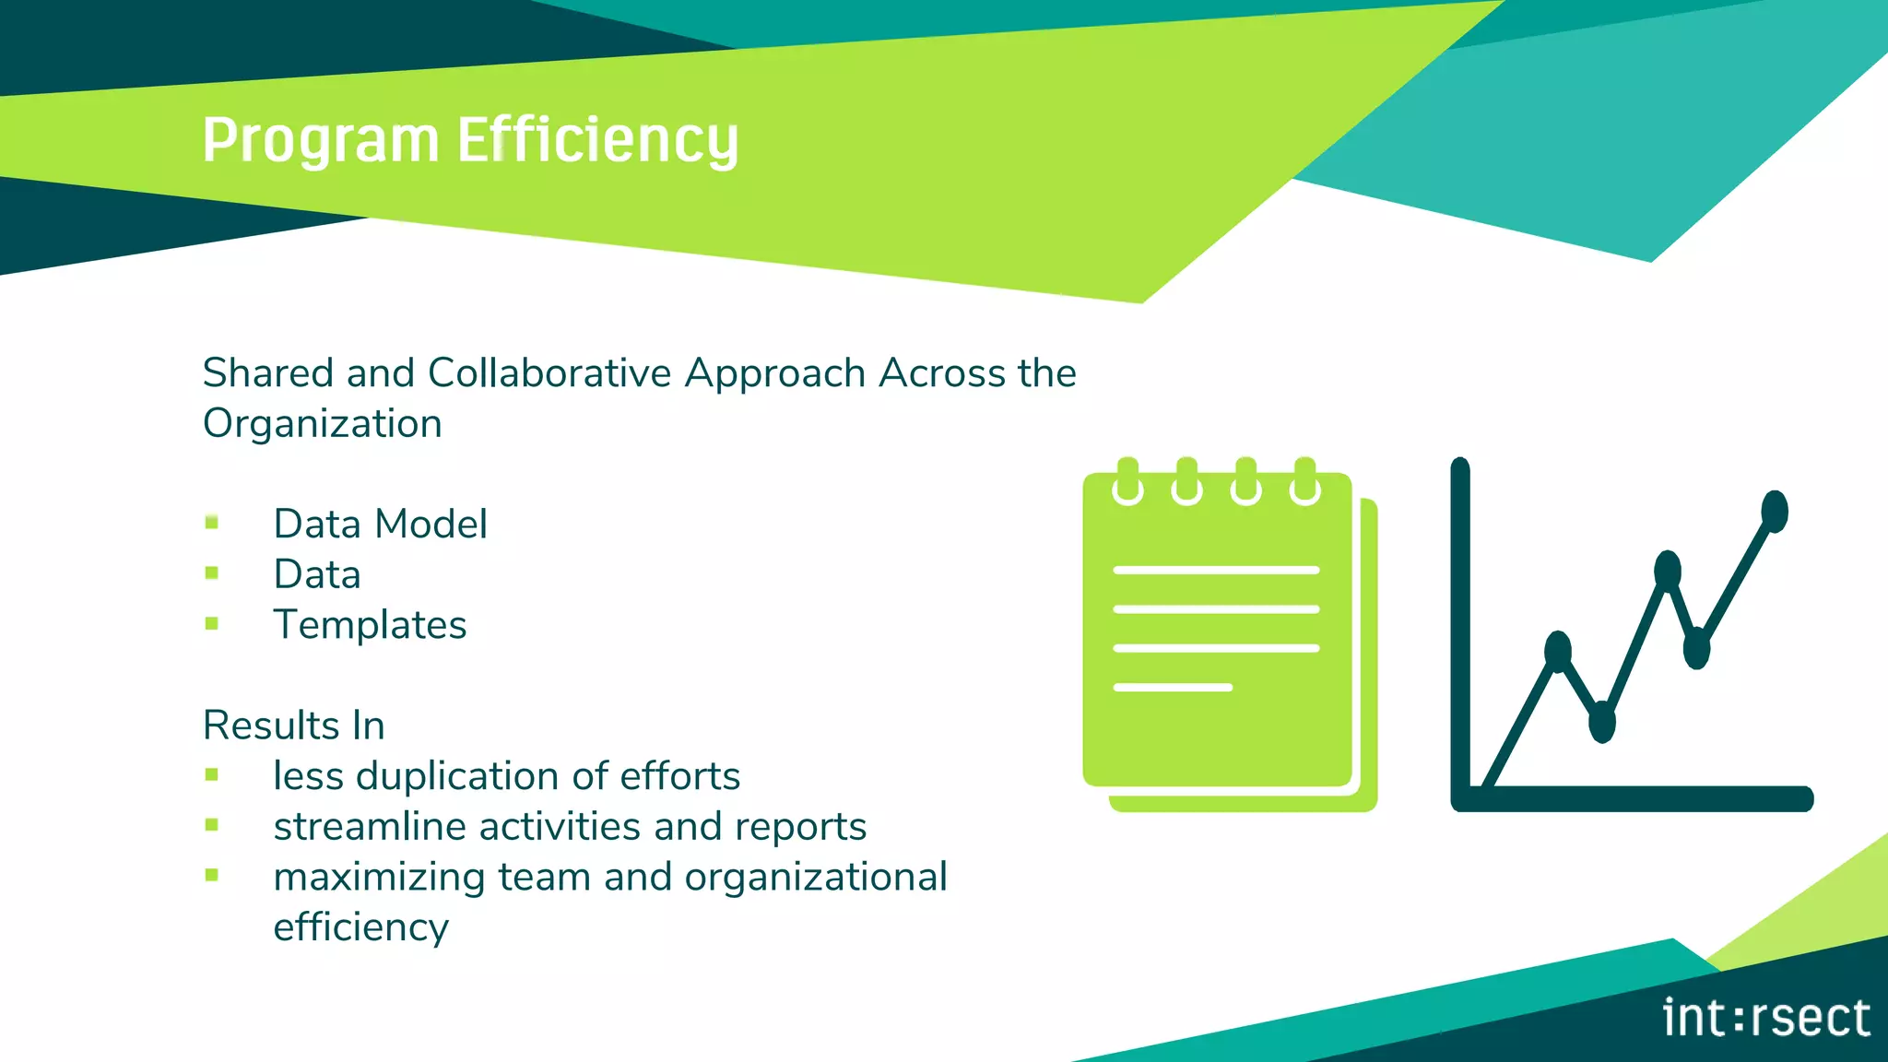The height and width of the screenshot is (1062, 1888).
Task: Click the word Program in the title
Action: click(320, 141)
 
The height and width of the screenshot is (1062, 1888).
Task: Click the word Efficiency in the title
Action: click(597, 141)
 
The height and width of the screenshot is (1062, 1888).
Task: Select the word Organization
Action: click(323, 424)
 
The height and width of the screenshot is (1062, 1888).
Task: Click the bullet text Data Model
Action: click(380, 524)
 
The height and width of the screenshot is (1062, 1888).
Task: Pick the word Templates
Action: click(370, 625)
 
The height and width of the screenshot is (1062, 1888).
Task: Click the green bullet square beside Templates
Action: click(212, 623)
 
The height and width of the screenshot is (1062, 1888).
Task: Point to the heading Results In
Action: click(293, 726)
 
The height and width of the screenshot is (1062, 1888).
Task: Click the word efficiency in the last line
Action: click(360, 927)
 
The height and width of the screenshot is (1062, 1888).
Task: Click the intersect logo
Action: click(1765, 1018)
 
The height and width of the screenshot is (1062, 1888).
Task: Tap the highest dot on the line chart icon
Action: click(1775, 512)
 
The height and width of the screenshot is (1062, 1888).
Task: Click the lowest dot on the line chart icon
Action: click(1602, 721)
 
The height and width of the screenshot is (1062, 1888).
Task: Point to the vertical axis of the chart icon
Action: click(1460, 627)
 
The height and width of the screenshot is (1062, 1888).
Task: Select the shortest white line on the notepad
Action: click(1173, 688)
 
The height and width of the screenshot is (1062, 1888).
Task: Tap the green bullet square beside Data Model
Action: click(212, 523)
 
